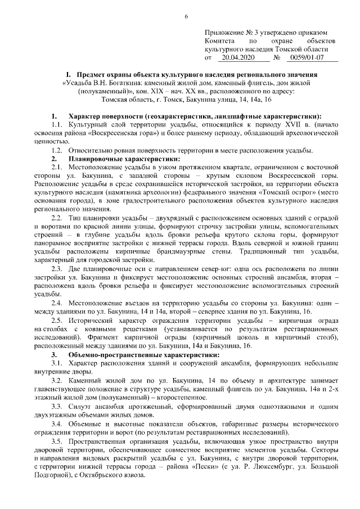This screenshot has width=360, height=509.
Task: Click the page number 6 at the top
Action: [186, 16]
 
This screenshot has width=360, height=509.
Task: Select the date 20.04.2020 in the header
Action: [238, 57]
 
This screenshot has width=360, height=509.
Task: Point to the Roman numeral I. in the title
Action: [67, 74]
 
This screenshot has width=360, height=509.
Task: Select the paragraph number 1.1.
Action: [60, 123]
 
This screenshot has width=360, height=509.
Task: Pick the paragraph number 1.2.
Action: [60, 150]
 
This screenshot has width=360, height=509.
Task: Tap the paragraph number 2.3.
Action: [60, 268]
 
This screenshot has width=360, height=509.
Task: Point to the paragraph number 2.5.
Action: [60, 320]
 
